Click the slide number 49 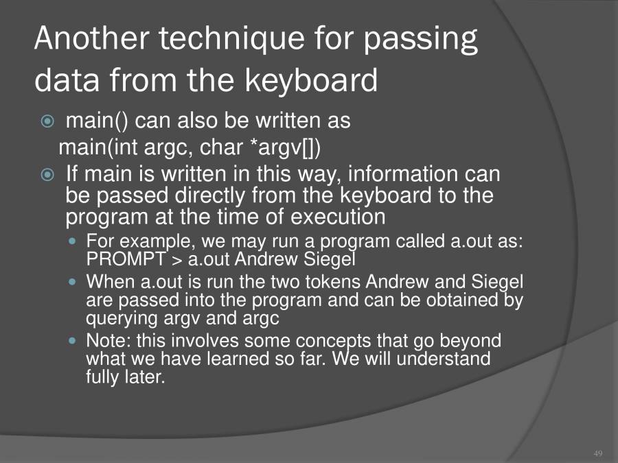click(x=597, y=453)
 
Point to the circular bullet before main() click(x=47, y=122)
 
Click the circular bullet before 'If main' click(x=47, y=175)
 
